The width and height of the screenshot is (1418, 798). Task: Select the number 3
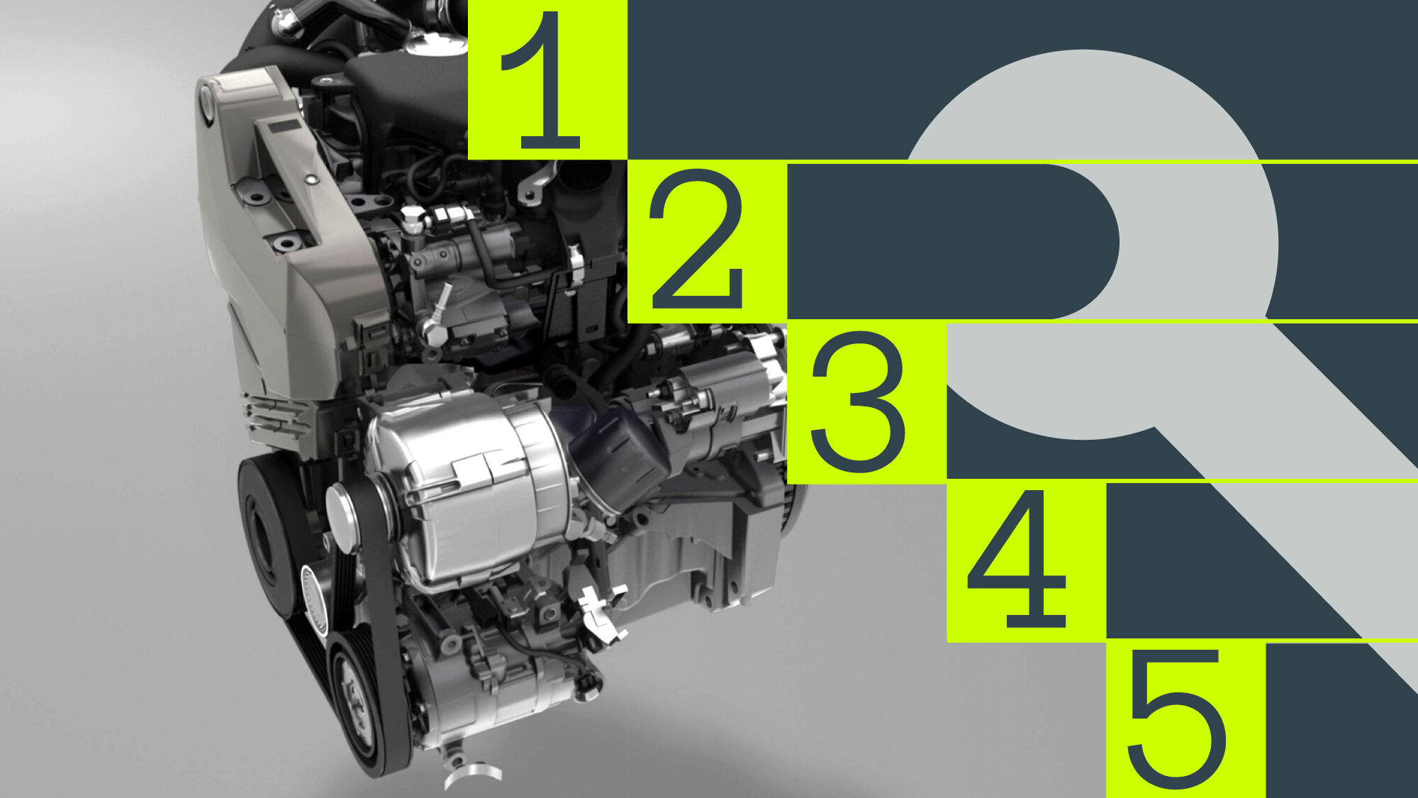858,401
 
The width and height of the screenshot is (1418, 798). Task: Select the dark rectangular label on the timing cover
284,127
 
